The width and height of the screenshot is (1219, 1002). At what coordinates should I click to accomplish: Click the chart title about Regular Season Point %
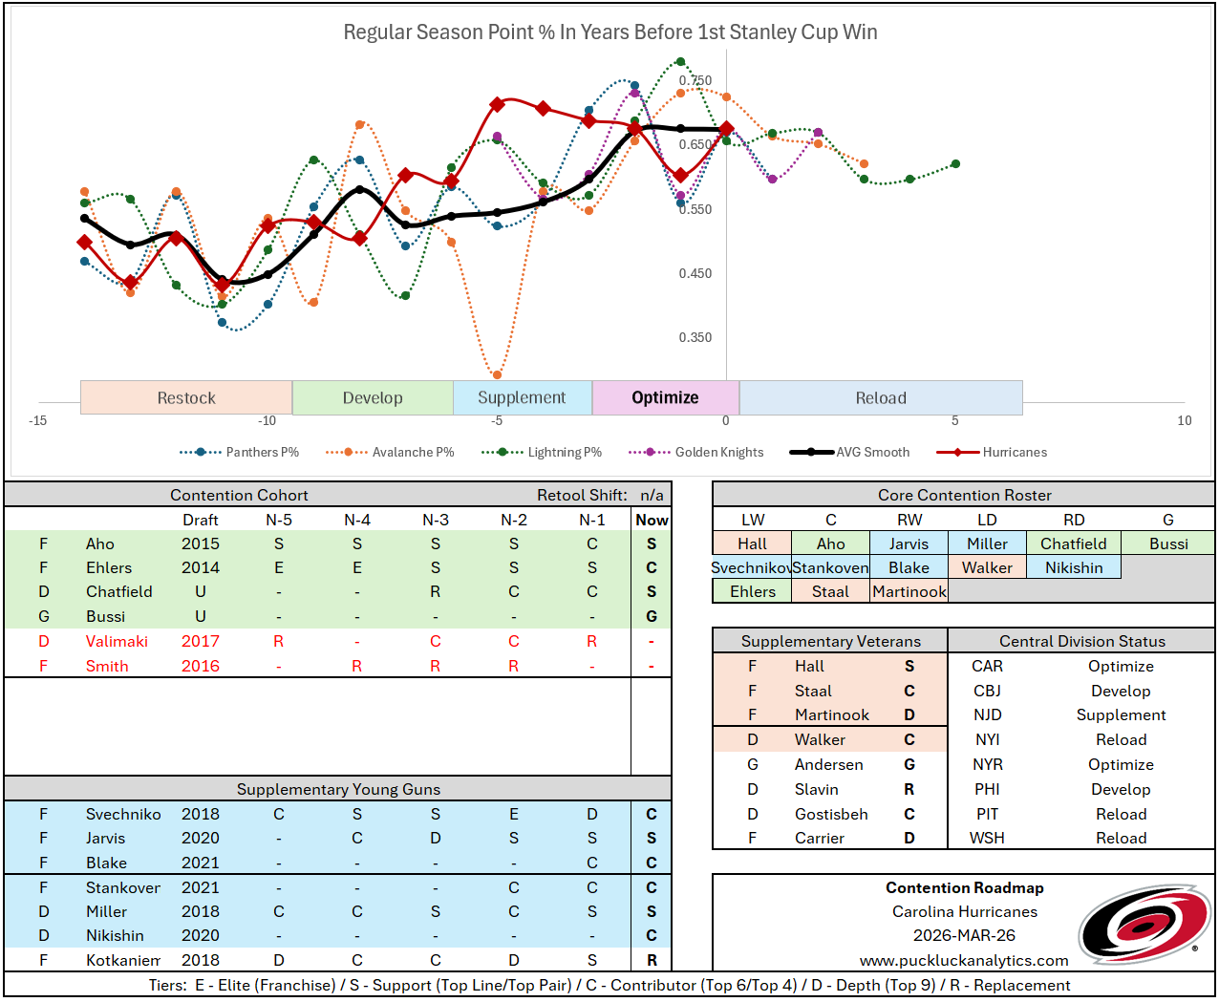(x=609, y=32)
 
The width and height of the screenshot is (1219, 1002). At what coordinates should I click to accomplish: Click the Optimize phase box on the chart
(x=665, y=398)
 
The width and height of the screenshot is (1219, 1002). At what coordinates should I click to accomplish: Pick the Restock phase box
(x=186, y=398)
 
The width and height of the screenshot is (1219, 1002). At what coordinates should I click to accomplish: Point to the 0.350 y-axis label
(x=695, y=337)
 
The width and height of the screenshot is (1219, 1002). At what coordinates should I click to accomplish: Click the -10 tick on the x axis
(x=267, y=420)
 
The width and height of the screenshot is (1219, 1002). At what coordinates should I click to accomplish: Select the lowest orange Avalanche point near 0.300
(x=497, y=374)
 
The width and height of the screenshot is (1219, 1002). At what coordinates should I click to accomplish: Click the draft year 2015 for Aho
(x=201, y=544)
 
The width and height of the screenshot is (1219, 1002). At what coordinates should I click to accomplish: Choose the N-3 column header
(x=436, y=520)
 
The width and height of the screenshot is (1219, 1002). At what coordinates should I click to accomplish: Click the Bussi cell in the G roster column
(x=1168, y=544)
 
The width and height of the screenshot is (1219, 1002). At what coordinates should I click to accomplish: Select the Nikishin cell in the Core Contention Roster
(x=1074, y=567)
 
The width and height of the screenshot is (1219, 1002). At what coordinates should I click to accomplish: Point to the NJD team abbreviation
(x=987, y=714)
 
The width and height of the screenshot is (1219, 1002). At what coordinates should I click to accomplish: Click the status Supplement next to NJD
(x=1121, y=714)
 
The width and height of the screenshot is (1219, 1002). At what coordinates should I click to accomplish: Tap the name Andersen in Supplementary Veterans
(x=828, y=764)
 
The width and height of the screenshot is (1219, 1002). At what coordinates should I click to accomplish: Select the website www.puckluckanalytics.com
(x=964, y=960)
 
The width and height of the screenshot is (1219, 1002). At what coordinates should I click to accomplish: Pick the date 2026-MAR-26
(x=964, y=935)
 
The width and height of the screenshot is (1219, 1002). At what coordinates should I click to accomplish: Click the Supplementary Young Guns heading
(x=338, y=789)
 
